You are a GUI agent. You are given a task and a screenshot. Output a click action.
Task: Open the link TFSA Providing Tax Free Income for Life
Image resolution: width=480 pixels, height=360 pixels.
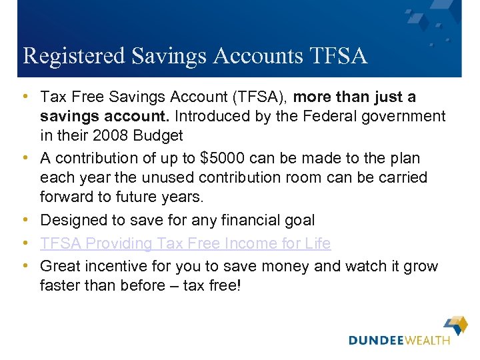[185, 243]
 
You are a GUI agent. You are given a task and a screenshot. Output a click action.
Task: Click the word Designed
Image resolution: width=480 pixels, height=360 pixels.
[70, 220]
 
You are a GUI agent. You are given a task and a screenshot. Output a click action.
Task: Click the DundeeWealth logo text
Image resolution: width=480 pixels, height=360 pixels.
[399, 340]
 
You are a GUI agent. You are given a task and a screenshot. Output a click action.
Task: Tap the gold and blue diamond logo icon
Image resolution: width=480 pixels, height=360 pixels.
[457, 325]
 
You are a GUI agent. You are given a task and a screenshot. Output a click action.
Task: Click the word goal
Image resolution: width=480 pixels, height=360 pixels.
[299, 220]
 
